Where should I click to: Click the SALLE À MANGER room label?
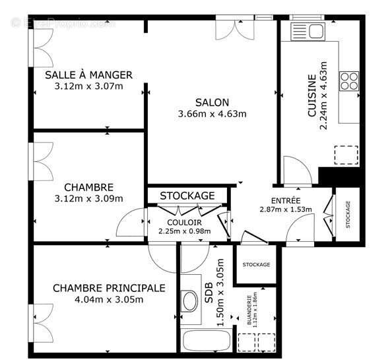88,75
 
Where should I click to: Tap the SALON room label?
212,102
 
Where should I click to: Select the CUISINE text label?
312,96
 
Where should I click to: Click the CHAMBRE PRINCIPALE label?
109,288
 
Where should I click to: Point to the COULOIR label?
184,223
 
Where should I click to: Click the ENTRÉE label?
286,201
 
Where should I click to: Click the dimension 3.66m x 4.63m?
212,114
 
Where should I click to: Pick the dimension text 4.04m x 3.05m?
109,299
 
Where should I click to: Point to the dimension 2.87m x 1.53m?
286,210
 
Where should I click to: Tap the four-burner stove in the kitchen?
349,80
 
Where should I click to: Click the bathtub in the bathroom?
206,341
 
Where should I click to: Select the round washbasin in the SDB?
189,301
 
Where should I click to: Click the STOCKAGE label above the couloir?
187,196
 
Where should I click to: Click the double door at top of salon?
232,28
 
